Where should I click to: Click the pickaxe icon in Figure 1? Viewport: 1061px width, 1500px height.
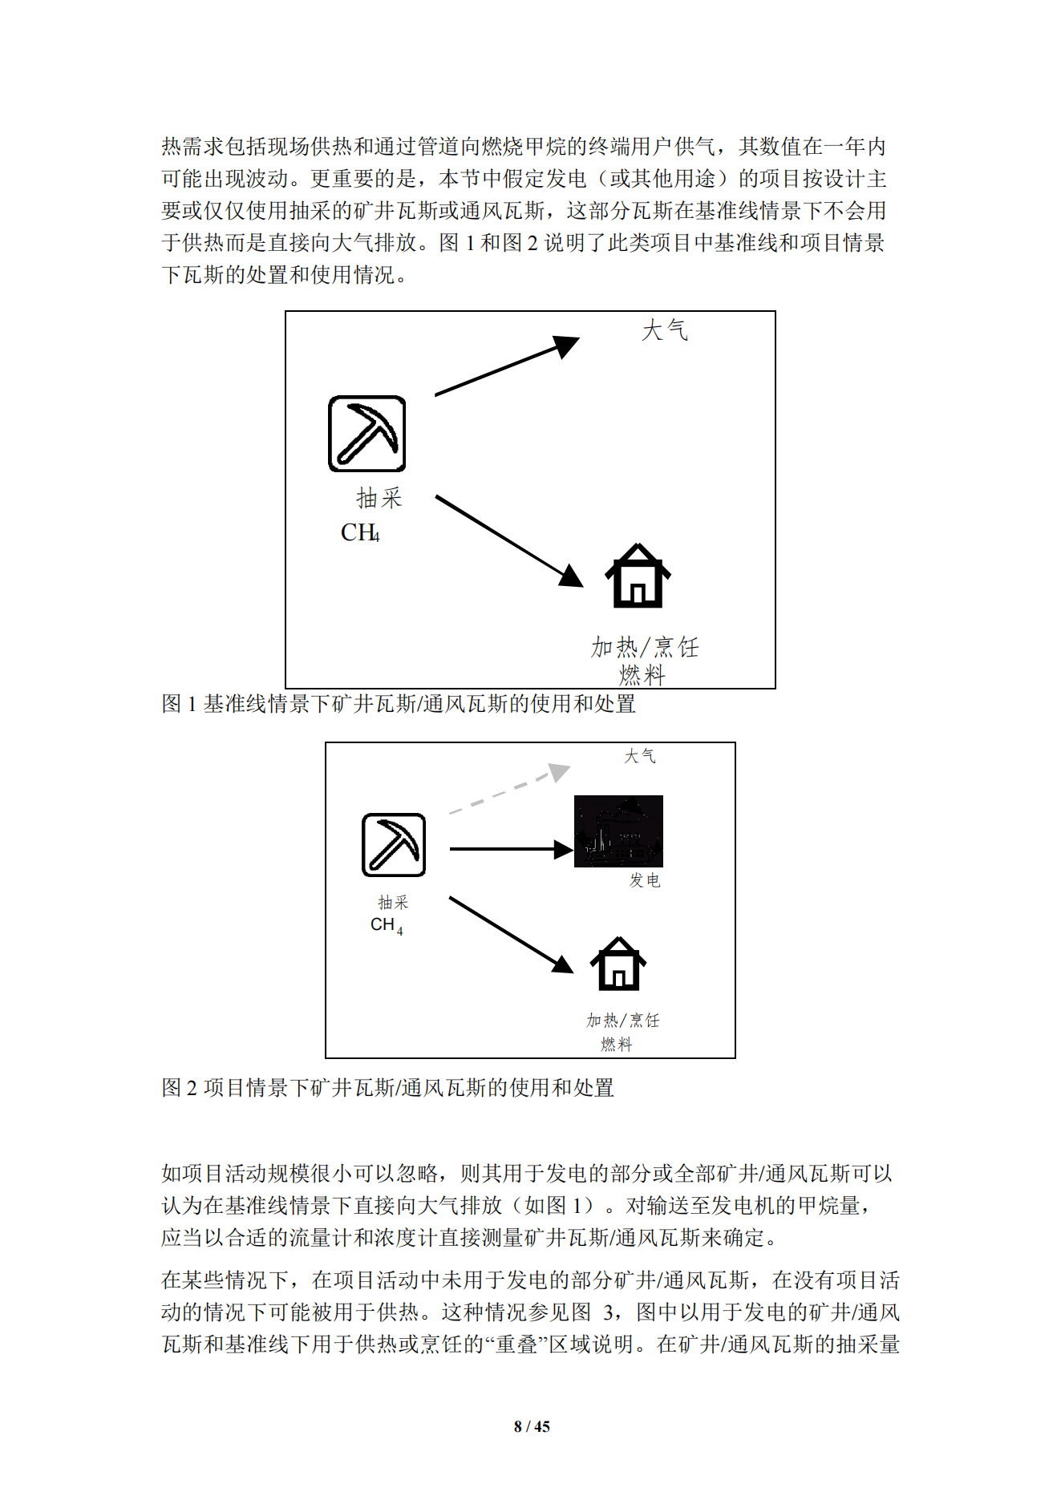pos(366,434)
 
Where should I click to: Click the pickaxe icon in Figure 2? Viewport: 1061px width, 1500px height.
pos(393,845)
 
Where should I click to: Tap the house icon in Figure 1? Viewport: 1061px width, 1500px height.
pos(638,576)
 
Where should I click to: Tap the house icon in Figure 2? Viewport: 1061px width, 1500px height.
pos(618,964)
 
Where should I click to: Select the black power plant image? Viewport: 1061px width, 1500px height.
pos(618,831)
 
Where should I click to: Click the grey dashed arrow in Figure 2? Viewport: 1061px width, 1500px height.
pos(508,790)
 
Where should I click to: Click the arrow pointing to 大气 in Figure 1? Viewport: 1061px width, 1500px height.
pos(506,366)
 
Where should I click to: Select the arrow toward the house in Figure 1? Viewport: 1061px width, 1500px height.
pos(508,540)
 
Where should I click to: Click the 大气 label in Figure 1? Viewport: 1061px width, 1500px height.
pos(664,330)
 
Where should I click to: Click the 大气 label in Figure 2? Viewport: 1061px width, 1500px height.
pos(639,756)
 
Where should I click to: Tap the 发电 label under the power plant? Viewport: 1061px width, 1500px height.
pos(644,880)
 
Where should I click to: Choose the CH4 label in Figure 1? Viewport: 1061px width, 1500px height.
pos(360,533)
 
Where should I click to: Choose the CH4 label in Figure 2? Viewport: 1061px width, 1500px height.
pos(387,925)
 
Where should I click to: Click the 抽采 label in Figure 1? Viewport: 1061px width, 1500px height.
pos(379,498)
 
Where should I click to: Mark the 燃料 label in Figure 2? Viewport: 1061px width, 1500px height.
pos(616,1044)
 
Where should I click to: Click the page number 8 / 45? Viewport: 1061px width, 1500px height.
pos(531,1426)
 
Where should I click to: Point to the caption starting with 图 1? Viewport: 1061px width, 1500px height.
pos(399,704)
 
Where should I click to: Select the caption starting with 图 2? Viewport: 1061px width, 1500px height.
pos(387,1088)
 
